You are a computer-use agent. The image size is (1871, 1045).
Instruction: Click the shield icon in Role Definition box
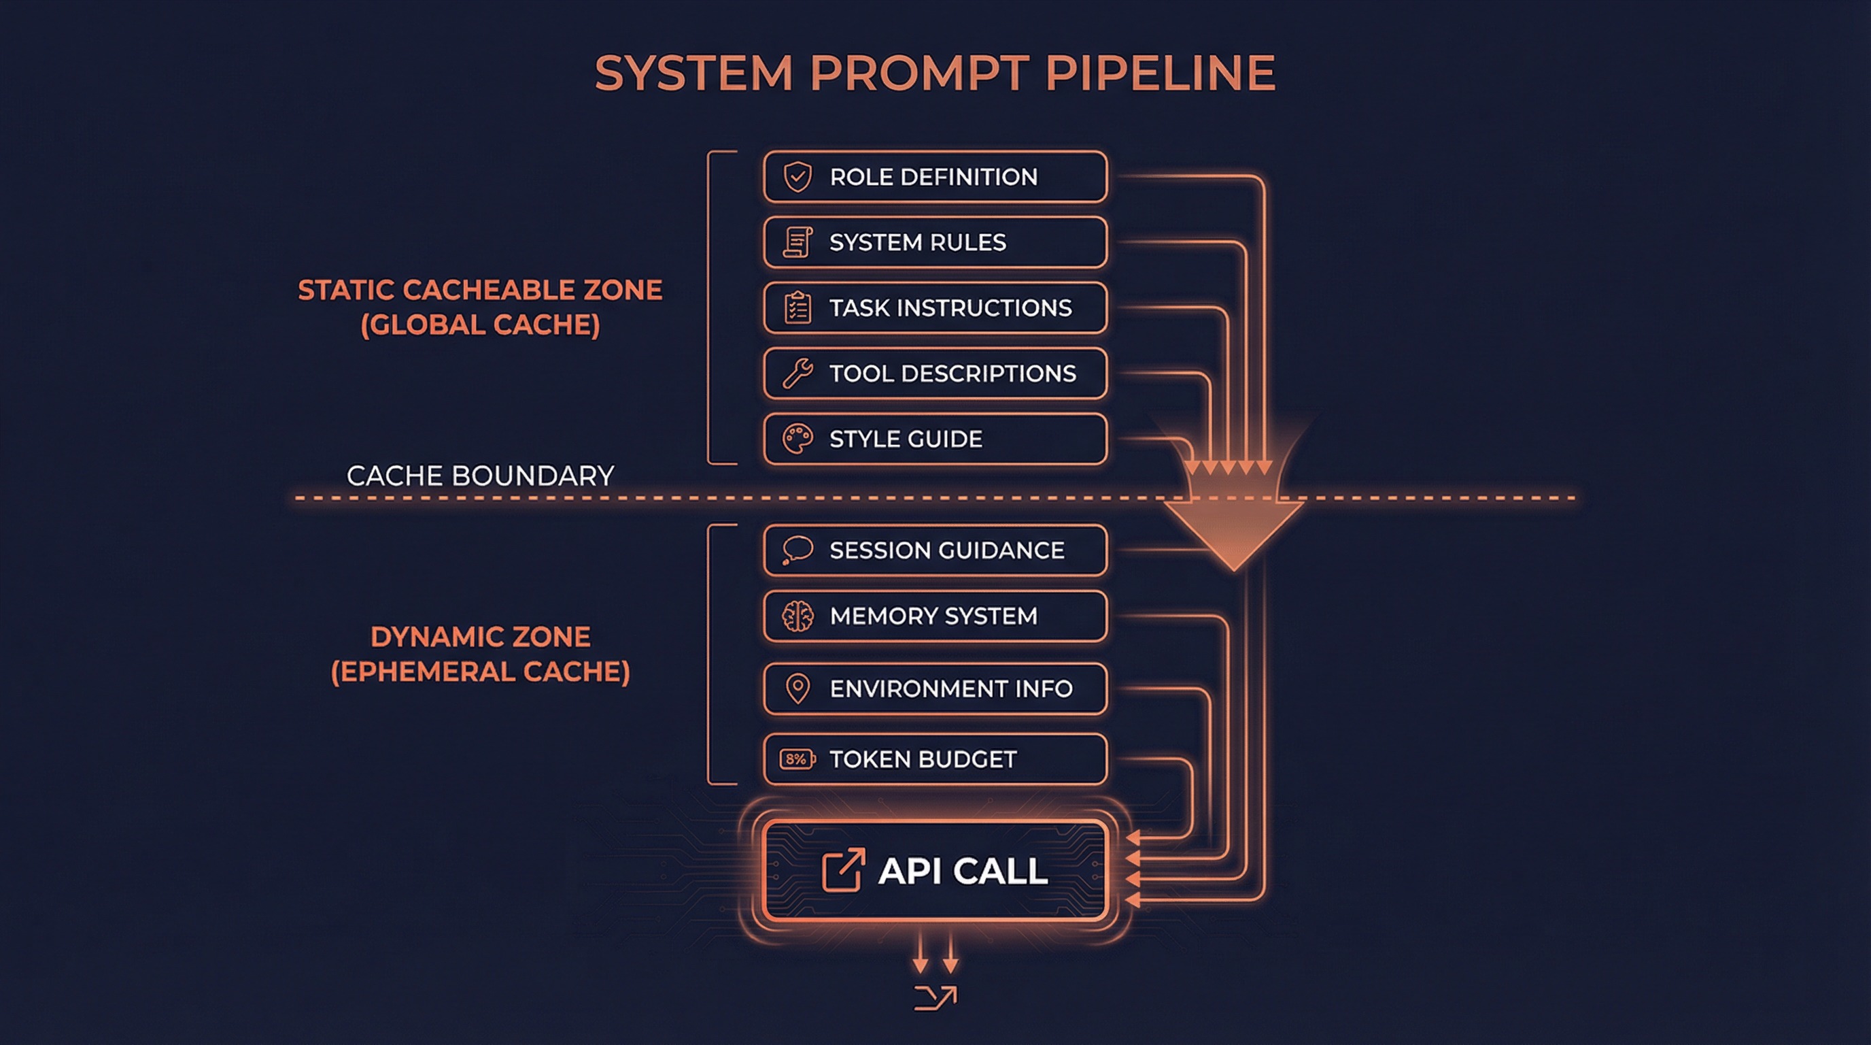pyautogui.click(x=797, y=177)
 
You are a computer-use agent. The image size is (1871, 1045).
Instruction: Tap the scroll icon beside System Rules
pyautogui.click(x=797, y=242)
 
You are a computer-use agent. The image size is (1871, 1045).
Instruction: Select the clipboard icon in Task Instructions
pyautogui.click(x=797, y=308)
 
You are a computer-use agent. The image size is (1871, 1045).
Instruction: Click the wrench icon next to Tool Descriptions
pyautogui.click(x=797, y=374)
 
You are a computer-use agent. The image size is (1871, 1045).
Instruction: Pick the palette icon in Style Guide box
pyautogui.click(x=797, y=439)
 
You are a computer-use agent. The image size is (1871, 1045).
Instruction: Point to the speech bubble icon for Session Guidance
pyautogui.click(x=797, y=550)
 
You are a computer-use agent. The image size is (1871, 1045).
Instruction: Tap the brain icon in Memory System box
pyautogui.click(x=797, y=616)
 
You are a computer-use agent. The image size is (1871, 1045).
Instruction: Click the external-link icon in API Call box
pyautogui.click(x=842, y=870)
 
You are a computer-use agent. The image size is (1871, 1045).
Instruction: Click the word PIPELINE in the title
pyautogui.click(x=1160, y=73)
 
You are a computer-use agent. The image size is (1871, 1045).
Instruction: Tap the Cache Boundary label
pyautogui.click(x=480, y=476)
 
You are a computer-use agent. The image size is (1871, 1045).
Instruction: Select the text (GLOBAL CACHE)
pyautogui.click(x=480, y=325)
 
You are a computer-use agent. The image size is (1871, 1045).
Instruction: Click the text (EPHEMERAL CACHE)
pyautogui.click(x=480, y=671)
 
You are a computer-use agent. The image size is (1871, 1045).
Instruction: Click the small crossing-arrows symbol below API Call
pyautogui.click(x=935, y=998)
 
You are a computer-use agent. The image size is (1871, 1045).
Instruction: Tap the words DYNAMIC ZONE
pyautogui.click(x=480, y=637)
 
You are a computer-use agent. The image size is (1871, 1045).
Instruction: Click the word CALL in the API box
pyautogui.click(x=1000, y=871)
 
